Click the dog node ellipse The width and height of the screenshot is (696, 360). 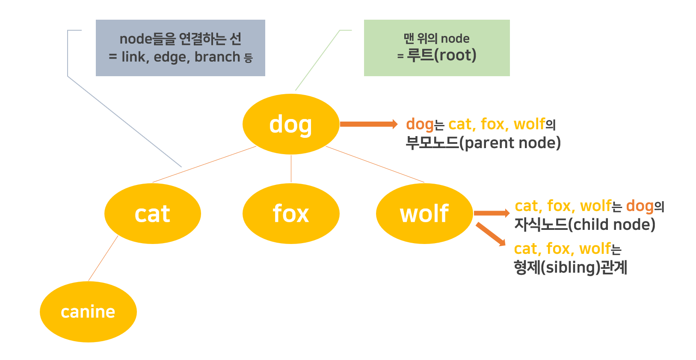click(291, 124)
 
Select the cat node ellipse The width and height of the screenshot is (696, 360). click(153, 214)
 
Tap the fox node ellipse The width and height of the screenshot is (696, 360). click(291, 214)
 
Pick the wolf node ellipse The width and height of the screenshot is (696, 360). click(424, 214)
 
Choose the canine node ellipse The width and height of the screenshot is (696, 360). click(88, 312)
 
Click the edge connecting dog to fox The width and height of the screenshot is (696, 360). click(291, 169)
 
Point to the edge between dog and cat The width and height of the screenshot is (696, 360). click(204, 164)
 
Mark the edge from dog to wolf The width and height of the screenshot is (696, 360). click(375, 164)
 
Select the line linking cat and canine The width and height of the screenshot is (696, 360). click(103, 258)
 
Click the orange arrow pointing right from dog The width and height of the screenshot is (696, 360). click(368, 124)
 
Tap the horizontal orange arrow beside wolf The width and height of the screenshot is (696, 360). click(492, 213)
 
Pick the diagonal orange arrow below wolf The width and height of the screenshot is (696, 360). click(491, 234)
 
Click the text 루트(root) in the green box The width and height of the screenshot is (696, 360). click(441, 55)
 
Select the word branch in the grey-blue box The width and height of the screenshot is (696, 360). click(217, 57)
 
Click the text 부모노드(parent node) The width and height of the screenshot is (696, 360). click(483, 143)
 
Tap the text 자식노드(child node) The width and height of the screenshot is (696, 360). click(584, 224)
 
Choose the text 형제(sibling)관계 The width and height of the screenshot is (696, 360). click(570, 267)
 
